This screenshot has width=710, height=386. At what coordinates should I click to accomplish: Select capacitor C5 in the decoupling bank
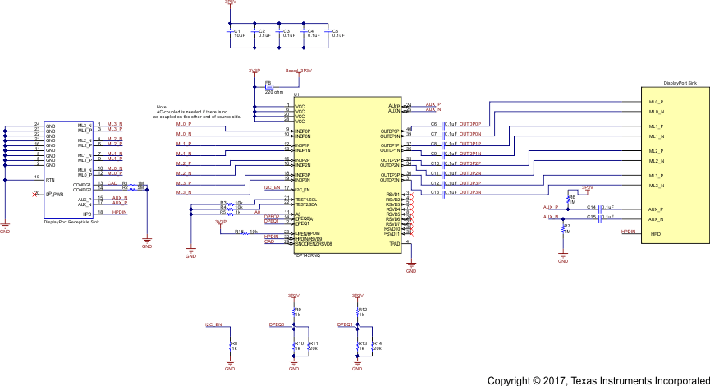pyautogui.click(x=328, y=33)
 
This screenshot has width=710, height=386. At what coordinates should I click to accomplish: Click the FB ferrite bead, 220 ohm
pyautogui.click(x=268, y=85)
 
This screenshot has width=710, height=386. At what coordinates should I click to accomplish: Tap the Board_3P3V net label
pyautogui.click(x=298, y=71)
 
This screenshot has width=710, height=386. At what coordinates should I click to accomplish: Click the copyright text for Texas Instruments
pyautogui.click(x=597, y=380)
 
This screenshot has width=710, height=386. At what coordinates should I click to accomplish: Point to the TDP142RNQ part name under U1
pyautogui.click(x=307, y=256)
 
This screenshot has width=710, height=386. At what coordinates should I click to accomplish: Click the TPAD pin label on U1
pyautogui.click(x=394, y=242)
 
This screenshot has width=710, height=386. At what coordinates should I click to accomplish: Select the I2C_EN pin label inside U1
pyautogui.click(x=303, y=190)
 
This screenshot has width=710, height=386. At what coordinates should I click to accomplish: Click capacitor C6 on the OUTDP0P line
pyautogui.click(x=442, y=124)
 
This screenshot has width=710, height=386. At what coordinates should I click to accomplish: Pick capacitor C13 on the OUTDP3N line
pyautogui.click(x=442, y=193)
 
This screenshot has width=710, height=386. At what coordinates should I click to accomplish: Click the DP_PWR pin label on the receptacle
pyautogui.click(x=54, y=194)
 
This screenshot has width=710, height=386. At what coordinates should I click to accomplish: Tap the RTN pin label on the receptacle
pyautogui.click(x=50, y=177)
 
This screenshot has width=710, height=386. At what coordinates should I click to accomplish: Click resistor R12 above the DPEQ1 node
pyautogui.click(x=358, y=312)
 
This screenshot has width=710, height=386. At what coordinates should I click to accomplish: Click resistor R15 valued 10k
pyautogui.click(x=243, y=232)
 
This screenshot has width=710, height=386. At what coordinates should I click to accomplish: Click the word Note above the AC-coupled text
pyautogui.click(x=162, y=108)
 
